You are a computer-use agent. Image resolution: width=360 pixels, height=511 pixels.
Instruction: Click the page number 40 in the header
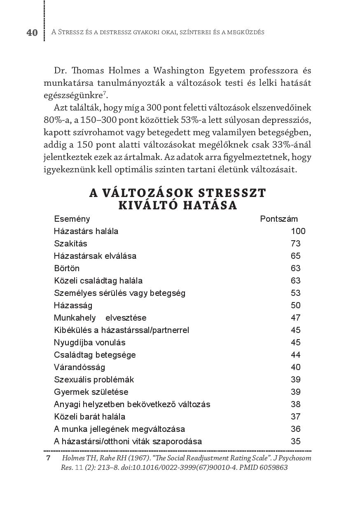[32, 33]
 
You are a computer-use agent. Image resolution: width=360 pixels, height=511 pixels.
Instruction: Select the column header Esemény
[72, 219]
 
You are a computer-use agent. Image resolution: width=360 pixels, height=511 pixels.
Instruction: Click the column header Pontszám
[279, 219]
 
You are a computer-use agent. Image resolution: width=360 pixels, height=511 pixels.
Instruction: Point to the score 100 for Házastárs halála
[298, 231]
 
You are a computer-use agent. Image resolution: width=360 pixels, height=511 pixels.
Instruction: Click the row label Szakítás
[70, 244]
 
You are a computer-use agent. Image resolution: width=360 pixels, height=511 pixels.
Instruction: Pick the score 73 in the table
[295, 244]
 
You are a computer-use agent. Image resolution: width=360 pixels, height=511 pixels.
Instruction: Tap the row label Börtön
[67, 268]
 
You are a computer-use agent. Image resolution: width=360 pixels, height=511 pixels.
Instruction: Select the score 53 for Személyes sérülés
[295, 293]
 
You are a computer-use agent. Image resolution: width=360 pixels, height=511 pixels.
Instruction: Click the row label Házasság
[73, 305]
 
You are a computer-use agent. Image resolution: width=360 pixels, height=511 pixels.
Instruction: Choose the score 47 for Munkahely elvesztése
[295, 318]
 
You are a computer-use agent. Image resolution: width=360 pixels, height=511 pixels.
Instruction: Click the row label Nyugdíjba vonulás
[89, 342]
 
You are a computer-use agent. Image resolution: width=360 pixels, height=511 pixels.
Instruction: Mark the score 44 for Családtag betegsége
[295, 355]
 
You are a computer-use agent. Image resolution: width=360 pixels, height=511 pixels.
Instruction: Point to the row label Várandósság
[79, 367]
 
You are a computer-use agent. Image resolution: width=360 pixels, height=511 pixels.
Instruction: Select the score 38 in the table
[295, 404]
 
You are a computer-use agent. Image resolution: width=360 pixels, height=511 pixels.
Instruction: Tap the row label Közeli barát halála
[89, 417]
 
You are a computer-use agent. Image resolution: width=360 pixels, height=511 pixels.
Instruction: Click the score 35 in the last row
[295, 441]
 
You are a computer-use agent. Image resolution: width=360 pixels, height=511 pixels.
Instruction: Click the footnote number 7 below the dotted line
[48, 458]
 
